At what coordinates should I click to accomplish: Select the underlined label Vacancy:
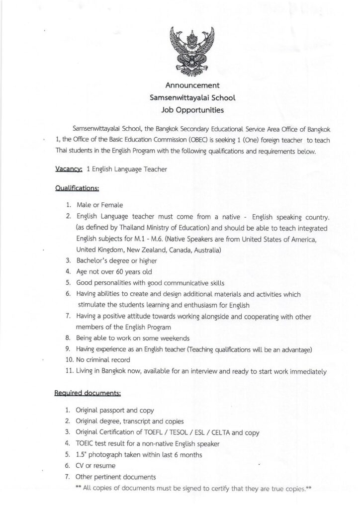point(68,169)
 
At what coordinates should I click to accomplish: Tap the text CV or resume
point(95,466)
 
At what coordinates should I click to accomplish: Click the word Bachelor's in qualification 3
point(91,260)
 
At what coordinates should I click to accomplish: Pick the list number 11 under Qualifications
point(69,370)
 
